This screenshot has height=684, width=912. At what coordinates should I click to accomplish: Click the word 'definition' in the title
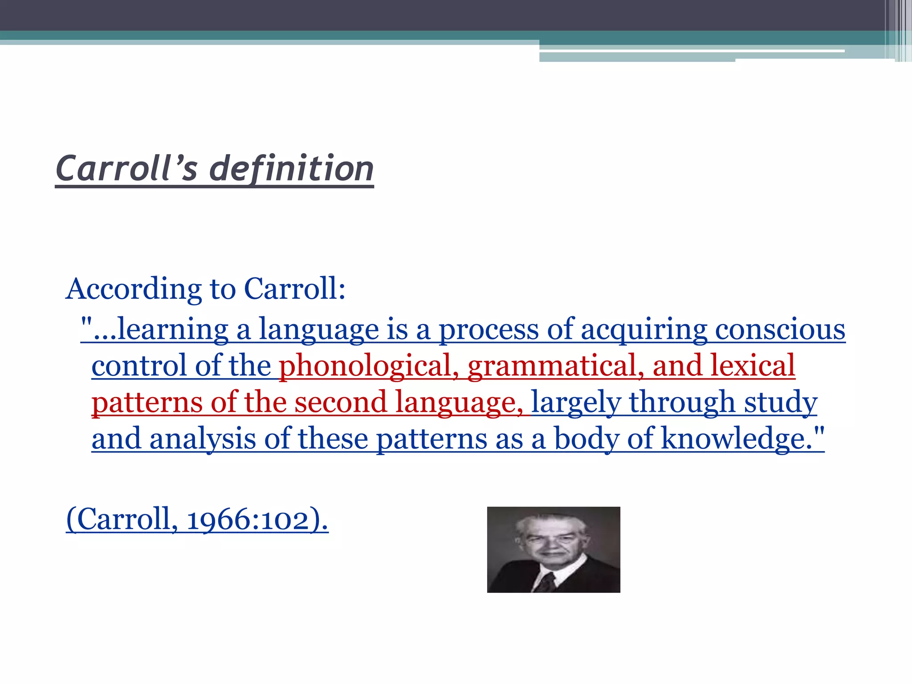pos(291,169)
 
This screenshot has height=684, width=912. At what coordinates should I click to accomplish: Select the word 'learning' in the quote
pos(173,330)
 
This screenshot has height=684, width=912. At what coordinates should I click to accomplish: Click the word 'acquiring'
pos(643,330)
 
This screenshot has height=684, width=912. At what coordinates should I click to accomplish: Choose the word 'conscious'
pos(780,330)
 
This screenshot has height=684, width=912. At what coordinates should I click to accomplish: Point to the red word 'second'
pos(340,403)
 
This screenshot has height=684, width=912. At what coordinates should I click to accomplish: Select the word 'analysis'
pos(203,439)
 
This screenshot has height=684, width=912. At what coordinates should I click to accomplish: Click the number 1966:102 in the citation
pos(247,520)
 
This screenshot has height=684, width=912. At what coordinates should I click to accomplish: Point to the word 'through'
pos(681,403)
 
